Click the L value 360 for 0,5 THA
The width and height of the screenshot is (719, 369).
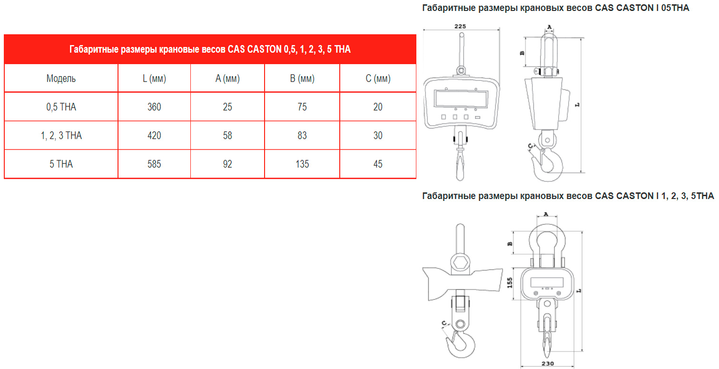point(154,107)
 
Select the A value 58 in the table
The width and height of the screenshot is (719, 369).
point(227,135)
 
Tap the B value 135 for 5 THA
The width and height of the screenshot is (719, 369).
point(302,164)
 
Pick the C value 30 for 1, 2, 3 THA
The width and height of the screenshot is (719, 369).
point(378,135)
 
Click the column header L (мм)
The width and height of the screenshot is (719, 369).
point(154,79)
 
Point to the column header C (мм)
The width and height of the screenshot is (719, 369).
point(378,79)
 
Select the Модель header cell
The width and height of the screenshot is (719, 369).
point(61,78)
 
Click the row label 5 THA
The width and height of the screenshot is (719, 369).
point(61,164)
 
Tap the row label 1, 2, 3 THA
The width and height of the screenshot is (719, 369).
point(61,136)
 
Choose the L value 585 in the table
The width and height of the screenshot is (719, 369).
point(154,164)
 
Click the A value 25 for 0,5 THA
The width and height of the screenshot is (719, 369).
point(227,107)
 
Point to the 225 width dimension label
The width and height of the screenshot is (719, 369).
point(460,26)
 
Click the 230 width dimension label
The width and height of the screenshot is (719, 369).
point(548,364)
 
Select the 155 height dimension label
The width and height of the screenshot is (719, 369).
point(510,283)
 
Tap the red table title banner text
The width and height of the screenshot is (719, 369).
point(210,49)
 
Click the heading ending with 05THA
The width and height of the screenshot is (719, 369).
point(556,8)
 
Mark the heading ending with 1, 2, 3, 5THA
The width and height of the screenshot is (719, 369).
point(568,196)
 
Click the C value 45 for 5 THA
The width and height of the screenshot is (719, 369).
point(378,164)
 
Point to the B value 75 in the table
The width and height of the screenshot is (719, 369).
point(302,107)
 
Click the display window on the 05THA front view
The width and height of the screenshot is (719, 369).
point(461,98)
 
